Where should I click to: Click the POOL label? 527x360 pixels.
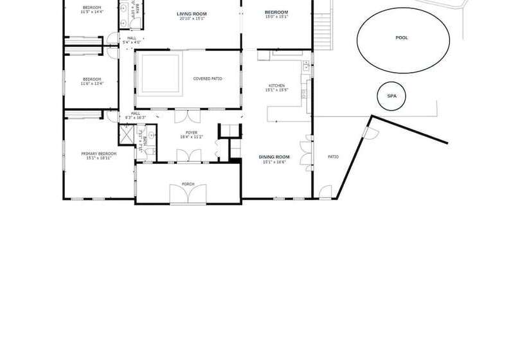click(x=401, y=38)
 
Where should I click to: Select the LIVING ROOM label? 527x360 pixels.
click(x=192, y=14)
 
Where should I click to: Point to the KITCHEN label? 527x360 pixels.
click(x=276, y=85)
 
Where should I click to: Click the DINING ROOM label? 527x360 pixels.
click(x=274, y=156)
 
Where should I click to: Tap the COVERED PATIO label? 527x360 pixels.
click(x=208, y=78)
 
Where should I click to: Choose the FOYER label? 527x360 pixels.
click(x=192, y=132)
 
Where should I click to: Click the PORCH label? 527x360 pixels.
click(x=188, y=184)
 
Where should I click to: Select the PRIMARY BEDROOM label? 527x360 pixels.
click(x=99, y=153)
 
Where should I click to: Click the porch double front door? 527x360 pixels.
click(x=187, y=194)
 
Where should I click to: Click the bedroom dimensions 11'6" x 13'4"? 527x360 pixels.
click(x=91, y=84)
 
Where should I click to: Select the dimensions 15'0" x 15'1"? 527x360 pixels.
click(x=276, y=17)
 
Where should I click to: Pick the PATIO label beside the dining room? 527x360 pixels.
click(x=333, y=156)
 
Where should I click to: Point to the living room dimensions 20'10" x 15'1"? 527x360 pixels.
click(x=192, y=19)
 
